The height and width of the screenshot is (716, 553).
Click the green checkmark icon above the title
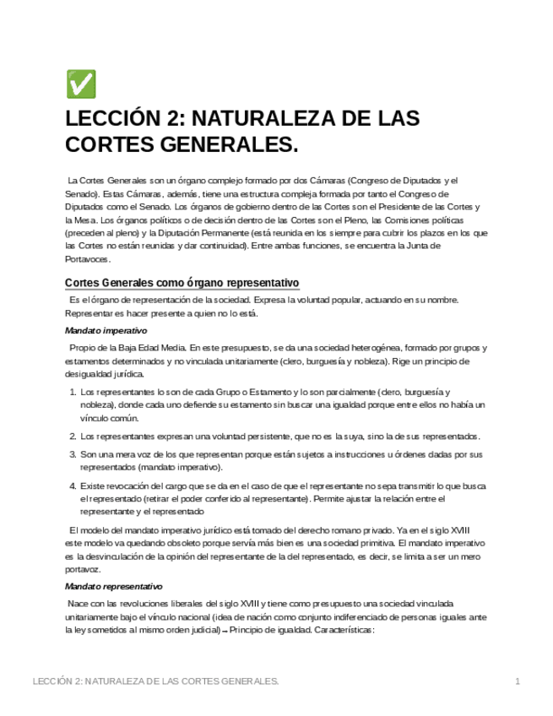tap(80, 84)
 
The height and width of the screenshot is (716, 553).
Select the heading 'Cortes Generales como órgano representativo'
tap(182, 282)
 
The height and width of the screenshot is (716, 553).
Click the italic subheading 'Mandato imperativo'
tap(106, 330)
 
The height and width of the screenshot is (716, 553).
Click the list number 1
tap(71, 393)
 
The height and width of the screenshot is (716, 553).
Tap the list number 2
tap(71, 437)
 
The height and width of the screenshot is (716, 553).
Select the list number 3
tap(71, 454)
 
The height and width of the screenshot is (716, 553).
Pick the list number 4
tap(71, 485)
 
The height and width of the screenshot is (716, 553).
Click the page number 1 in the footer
tap(517, 681)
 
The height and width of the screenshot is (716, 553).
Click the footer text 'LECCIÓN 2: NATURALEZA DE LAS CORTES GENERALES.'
tap(155, 681)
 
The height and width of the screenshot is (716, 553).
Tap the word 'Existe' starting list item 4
tap(93, 485)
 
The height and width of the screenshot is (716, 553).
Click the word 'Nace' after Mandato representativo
tap(78, 604)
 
